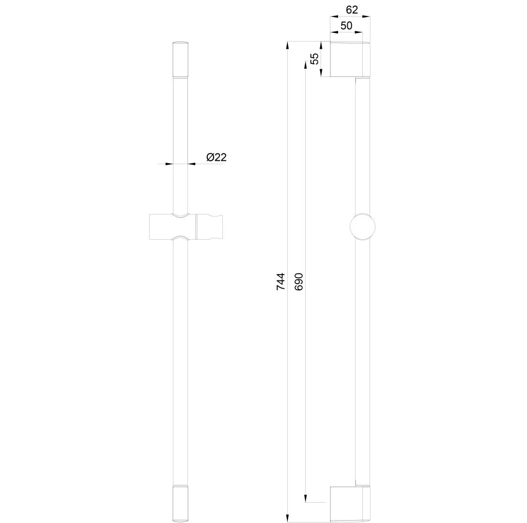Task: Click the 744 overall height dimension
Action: point(280,282)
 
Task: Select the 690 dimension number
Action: point(298,282)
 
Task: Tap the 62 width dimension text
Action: point(352,10)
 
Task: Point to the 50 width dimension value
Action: point(346,26)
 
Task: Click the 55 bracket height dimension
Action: point(314,59)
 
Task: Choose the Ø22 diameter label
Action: point(217,157)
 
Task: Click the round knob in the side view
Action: point(362,227)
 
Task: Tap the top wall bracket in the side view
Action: point(350,59)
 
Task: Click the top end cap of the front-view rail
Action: point(180,59)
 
